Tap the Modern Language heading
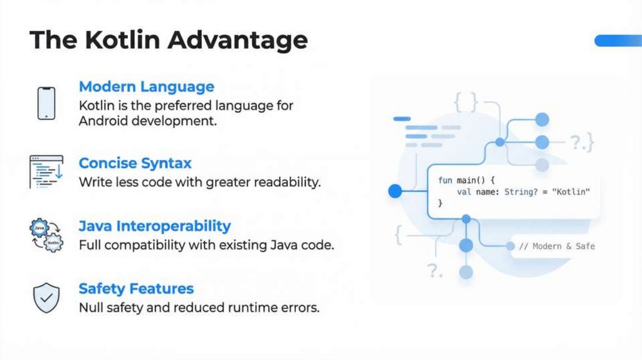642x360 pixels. click(x=146, y=87)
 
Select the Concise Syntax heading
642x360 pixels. click(x=135, y=163)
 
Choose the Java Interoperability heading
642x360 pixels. click(x=154, y=226)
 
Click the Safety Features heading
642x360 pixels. click(x=135, y=289)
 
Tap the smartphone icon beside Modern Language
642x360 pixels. click(x=46, y=103)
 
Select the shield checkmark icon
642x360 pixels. click(x=46, y=298)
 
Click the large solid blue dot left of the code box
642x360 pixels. click(x=395, y=191)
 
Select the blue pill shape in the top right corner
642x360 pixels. click(x=618, y=41)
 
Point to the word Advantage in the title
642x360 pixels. click(x=238, y=40)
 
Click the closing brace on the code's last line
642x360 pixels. click(x=440, y=203)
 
